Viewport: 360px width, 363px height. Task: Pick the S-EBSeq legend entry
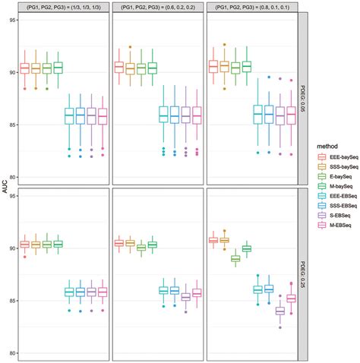click(334, 214)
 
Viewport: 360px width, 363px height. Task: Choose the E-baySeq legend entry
click(335, 174)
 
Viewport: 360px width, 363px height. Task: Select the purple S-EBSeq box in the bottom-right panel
click(280, 311)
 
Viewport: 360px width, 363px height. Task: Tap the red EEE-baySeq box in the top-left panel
click(24, 68)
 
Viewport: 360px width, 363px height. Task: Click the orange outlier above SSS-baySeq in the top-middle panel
click(130, 47)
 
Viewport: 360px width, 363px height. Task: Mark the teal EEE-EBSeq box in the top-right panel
click(257, 114)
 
